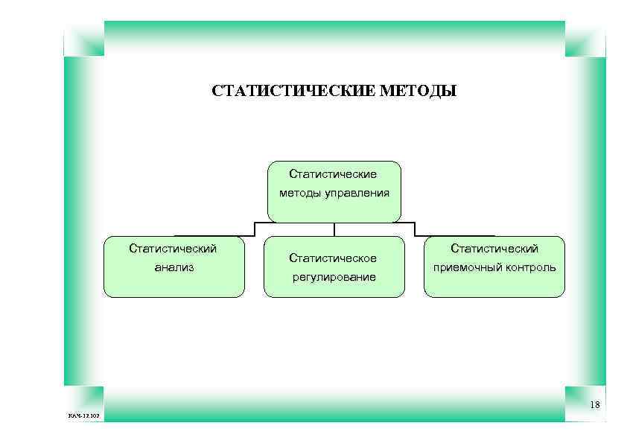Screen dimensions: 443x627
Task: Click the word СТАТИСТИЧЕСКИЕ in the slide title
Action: tap(293, 92)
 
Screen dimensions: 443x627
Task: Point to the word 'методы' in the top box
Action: tap(299, 194)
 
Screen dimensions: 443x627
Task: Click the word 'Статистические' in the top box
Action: tap(334, 174)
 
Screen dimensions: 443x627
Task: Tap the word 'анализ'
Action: tap(174, 267)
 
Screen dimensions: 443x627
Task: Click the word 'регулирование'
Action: tap(334, 277)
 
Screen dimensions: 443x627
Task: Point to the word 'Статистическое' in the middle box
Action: tap(334, 258)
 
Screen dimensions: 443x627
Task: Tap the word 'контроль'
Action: tap(528, 267)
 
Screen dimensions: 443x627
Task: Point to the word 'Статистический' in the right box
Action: tap(494, 249)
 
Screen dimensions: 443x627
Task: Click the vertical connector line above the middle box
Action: tap(334, 229)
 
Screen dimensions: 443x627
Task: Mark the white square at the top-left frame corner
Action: tap(83, 39)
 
